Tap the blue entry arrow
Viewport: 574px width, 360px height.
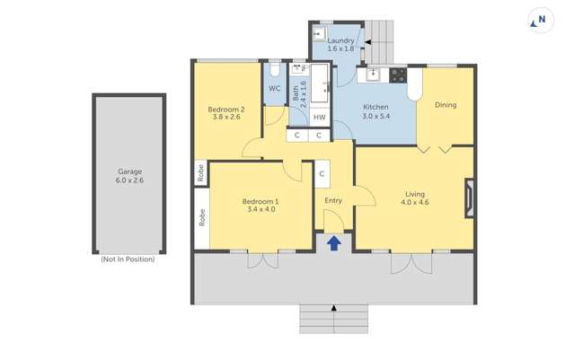(x=333, y=242)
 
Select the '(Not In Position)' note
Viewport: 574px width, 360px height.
(x=128, y=259)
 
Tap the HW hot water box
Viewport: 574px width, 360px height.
(x=319, y=117)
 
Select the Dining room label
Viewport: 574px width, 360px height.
(x=446, y=105)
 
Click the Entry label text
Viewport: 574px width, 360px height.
(x=333, y=200)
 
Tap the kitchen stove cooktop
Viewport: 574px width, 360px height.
(x=398, y=75)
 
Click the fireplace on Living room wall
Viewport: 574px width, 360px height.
(x=468, y=198)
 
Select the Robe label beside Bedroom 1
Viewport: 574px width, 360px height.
(x=201, y=216)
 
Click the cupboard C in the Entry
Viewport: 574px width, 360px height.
(x=322, y=173)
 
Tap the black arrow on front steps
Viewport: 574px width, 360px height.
(x=334, y=308)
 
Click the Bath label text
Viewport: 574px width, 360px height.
(x=300, y=90)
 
